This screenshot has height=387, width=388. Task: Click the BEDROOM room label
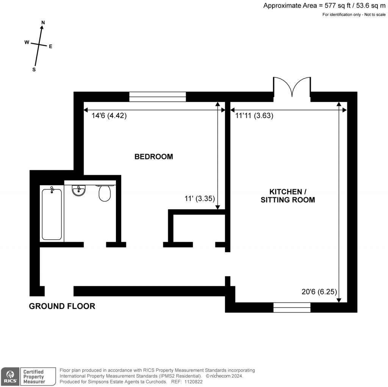[x=154, y=156]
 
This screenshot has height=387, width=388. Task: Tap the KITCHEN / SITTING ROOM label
[x=288, y=195]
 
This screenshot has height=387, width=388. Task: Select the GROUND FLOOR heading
[x=62, y=306]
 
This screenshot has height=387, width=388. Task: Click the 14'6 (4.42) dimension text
[x=109, y=116]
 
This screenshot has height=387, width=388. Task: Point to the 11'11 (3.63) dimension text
[x=254, y=116]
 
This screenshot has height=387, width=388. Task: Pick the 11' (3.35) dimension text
[x=200, y=198]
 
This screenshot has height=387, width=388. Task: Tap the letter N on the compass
[x=43, y=23]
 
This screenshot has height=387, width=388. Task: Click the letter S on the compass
[x=34, y=70]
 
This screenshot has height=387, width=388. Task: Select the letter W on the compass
[x=27, y=42]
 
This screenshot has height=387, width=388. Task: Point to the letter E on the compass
[x=50, y=47]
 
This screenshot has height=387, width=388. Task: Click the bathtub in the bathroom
[x=52, y=214]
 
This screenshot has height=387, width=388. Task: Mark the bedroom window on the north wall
[x=158, y=97]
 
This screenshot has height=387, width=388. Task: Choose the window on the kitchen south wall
[x=292, y=307]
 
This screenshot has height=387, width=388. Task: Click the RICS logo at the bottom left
[x=9, y=376]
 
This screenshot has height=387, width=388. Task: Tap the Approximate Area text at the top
[x=324, y=6]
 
